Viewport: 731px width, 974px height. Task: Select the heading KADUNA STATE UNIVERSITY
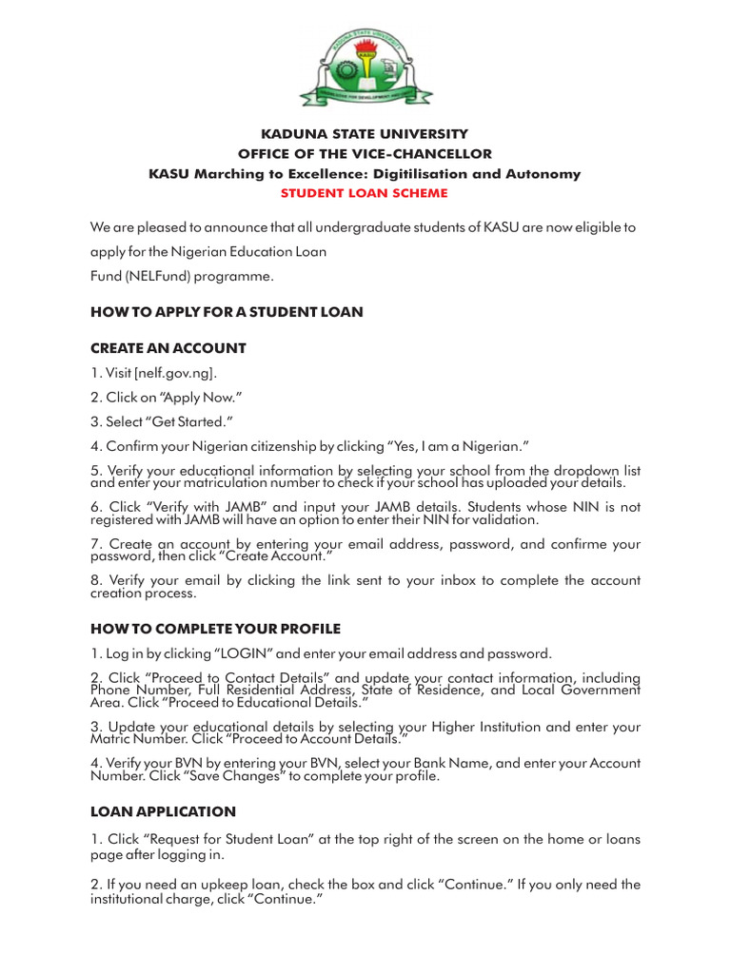[365, 134]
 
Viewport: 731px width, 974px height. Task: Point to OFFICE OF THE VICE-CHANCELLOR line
[365, 154]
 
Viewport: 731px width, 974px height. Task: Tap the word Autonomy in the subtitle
[546, 174]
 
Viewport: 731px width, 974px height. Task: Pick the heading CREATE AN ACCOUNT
[168, 348]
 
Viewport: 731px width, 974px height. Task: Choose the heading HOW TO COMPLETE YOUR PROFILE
[215, 629]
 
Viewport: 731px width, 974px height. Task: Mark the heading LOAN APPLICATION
[163, 811]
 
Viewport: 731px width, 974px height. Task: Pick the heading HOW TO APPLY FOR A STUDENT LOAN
[227, 312]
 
